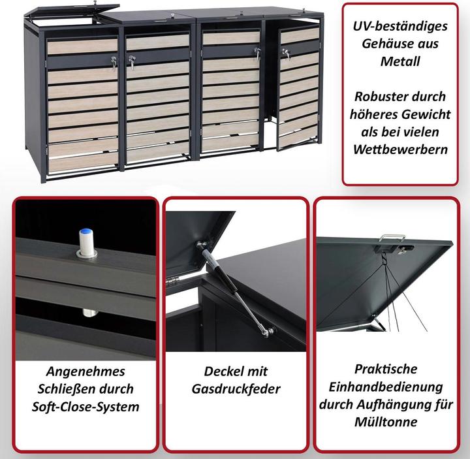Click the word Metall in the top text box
coord(401,61)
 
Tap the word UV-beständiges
coord(401,27)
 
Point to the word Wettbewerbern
coord(401,148)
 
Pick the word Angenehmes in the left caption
coord(86,371)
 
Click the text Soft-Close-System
coord(86,406)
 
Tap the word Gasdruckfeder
coord(236,388)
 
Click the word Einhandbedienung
coord(386,387)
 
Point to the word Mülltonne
coord(386,422)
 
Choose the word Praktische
coord(386,369)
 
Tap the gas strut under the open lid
coord(235,290)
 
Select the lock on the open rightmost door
coord(285,55)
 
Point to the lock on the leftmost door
coord(114,63)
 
